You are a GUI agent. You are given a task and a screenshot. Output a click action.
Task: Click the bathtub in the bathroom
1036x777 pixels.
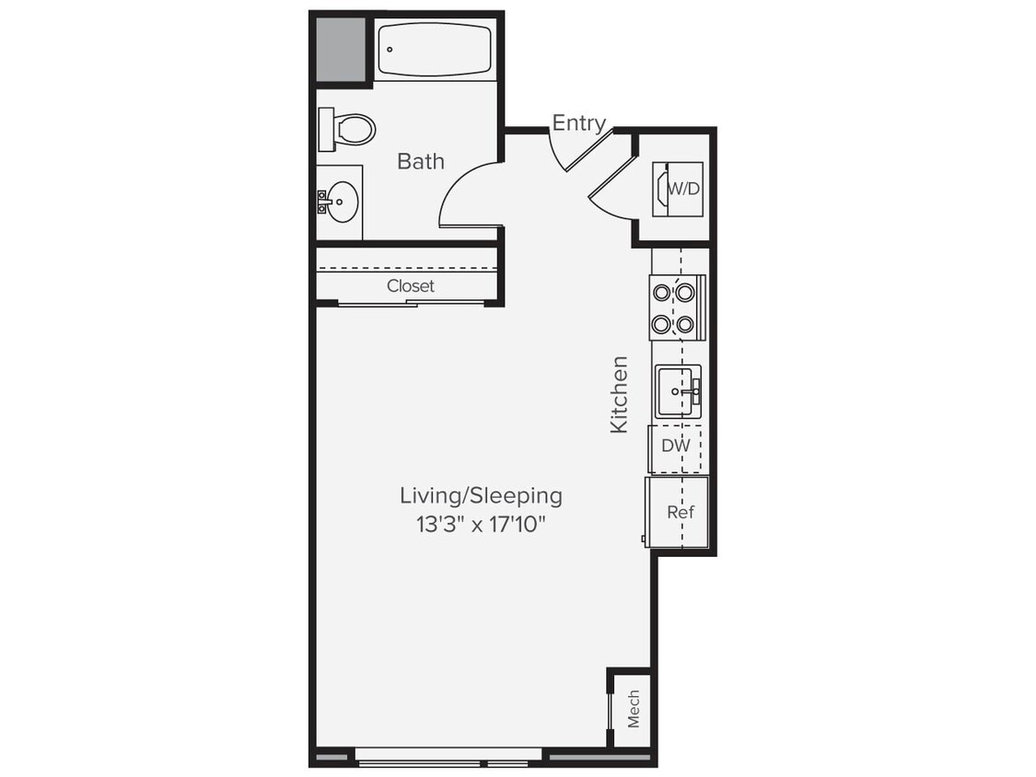[435, 50]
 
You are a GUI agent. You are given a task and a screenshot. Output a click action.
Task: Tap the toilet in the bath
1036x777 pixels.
[348, 129]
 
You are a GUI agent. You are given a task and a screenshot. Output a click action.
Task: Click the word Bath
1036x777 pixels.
[421, 162]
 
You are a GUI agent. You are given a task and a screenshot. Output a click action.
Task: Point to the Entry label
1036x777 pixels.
[578, 123]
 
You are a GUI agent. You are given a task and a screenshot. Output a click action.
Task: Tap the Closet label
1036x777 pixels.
[410, 286]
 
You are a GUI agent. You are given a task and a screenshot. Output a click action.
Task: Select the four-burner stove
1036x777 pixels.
[674, 307]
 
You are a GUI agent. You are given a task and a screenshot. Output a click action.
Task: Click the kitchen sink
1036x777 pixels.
[678, 391]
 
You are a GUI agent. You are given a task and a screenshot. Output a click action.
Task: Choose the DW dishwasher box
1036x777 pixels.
[675, 446]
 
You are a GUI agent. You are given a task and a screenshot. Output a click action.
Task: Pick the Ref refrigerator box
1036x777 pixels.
[679, 513]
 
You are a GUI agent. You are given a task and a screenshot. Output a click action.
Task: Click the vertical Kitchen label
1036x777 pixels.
[620, 394]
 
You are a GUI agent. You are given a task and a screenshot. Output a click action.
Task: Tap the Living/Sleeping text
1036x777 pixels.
[481, 495]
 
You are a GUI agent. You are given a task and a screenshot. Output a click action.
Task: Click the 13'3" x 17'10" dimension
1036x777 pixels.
[481, 526]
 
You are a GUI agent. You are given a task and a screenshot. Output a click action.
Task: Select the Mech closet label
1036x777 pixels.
[634, 708]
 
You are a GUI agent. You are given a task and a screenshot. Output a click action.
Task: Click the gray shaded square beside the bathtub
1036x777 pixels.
[340, 49]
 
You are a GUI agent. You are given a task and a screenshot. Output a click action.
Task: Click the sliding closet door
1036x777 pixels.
[410, 303]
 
